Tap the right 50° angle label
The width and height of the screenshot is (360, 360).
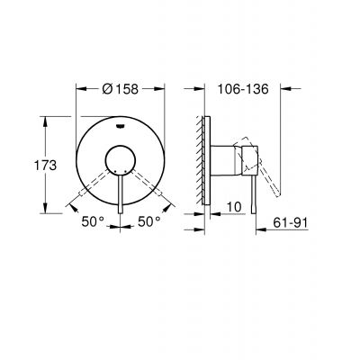point(149,220)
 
